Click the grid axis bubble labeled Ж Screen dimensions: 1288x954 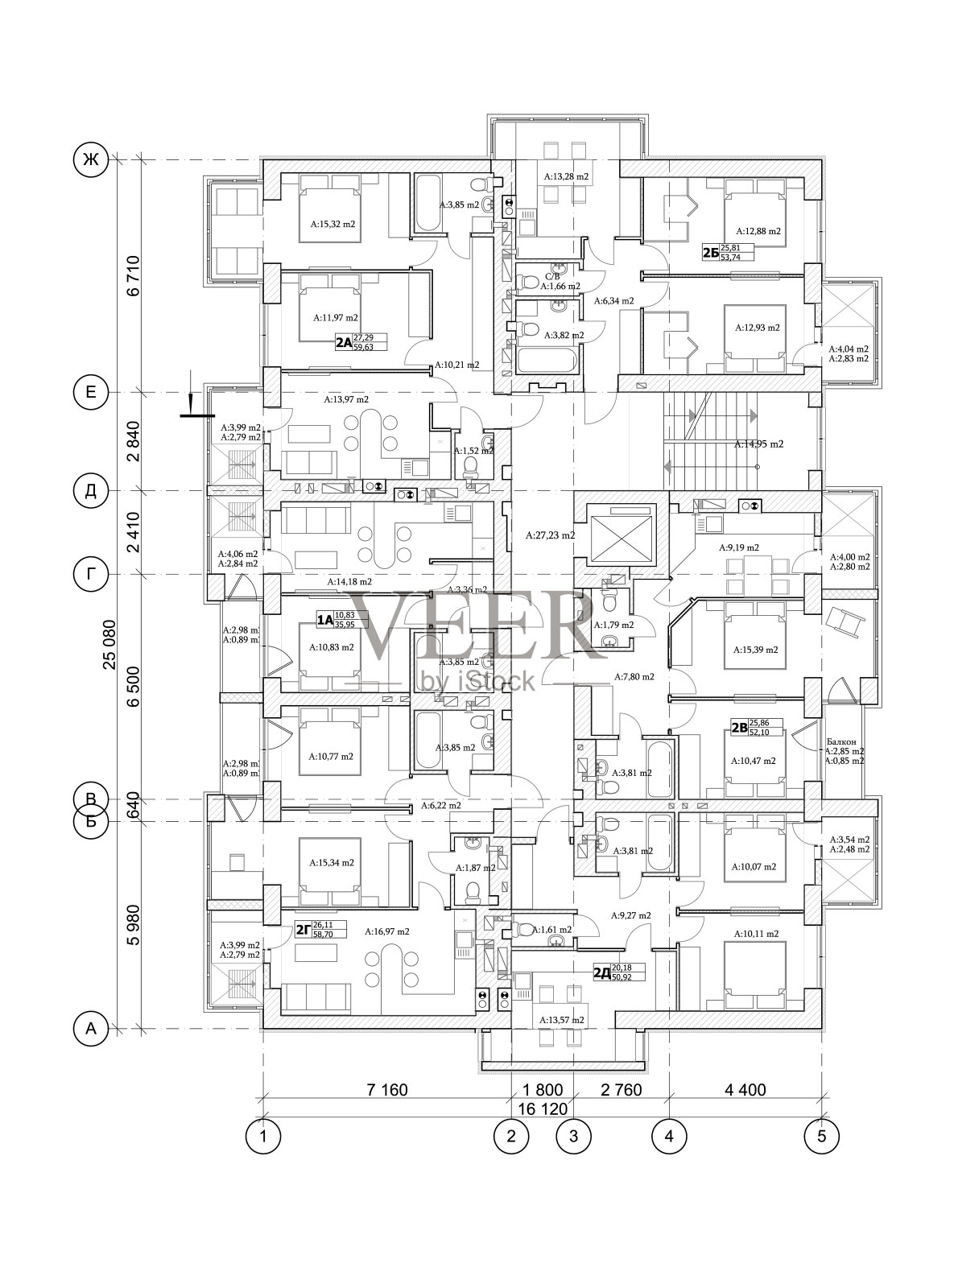click(x=90, y=159)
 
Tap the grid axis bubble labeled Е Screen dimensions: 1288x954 click(x=90, y=392)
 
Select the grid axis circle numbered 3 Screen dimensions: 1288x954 click(x=574, y=1136)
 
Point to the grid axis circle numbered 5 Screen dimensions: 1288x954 click(x=821, y=1136)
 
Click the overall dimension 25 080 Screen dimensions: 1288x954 click(x=109, y=644)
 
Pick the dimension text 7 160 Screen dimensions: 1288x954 click(x=387, y=1090)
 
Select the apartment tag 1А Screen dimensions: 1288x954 click(x=324, y=620)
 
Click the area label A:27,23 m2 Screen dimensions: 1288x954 click(x=550, y=535)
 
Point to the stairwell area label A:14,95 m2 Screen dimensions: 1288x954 click(x=758, y=444)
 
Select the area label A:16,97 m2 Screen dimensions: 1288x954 click(x=386, y=931)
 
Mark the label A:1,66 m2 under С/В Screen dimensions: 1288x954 click(x=560, y=286)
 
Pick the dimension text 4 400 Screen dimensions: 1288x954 click(x=745, y=1090)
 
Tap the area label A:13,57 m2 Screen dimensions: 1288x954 click(x=561, y=1019)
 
